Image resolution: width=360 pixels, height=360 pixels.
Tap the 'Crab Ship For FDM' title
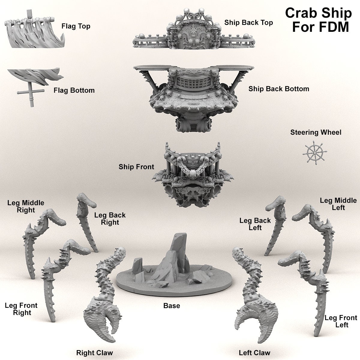pos(318,20)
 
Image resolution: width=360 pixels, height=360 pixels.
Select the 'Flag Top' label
pos(76,26)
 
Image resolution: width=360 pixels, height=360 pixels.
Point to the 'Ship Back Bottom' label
pos(279,89)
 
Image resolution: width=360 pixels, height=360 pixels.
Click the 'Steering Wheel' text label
pos(316,132)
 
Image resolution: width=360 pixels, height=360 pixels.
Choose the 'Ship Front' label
pos(136,167)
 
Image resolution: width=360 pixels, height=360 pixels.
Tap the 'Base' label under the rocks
pos(172,306)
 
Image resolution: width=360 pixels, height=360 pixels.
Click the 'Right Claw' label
pos(94,353)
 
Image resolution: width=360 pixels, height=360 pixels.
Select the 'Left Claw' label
pos(254,353)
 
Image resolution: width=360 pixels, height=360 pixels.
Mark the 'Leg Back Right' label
pos(110,219)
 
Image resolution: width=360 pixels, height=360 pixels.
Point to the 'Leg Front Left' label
pos(341,321)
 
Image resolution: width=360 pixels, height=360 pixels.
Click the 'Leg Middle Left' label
pos(338,204)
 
